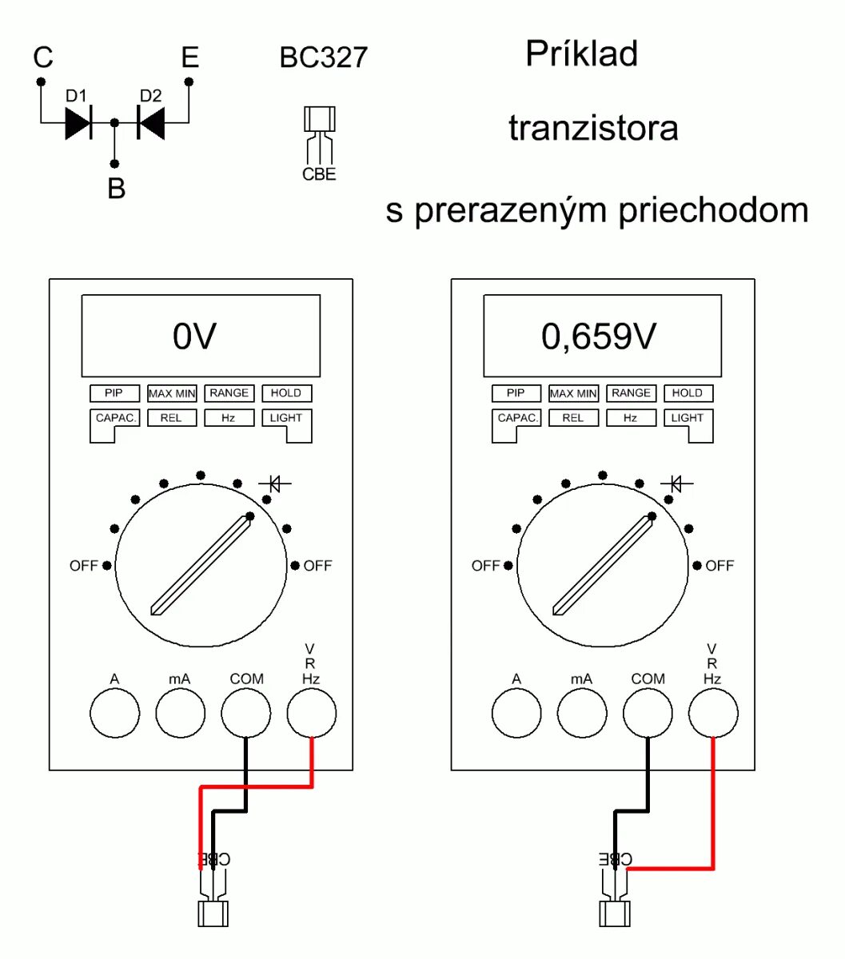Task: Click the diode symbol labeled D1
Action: tap(78, 123)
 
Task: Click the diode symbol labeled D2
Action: tap(151, 123)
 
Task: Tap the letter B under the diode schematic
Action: tap(117, 189)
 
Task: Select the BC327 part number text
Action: tap(323, 58)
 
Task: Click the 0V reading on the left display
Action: tap(194, 336)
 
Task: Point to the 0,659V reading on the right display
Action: tap(599, 336)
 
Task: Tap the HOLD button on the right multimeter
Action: tap(688, 393)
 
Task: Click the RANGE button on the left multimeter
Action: tap(229, 393)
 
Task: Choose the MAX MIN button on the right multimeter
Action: tap(573, 393)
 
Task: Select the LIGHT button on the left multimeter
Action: tap(286, 418)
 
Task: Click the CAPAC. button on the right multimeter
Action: tap(517, 418)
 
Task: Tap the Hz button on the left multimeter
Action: tap(229, 418)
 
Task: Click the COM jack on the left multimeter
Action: tap(245, 713)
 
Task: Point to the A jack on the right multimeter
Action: tap(516, 713)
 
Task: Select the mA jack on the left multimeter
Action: tap(180, 713)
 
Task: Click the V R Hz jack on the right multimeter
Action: tap(712, 713)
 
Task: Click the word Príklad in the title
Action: tap(581, 54)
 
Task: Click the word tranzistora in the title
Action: tap(593, 128)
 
